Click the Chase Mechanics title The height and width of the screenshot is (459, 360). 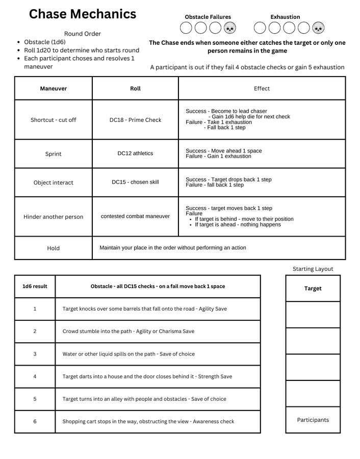click(x=82, y=14)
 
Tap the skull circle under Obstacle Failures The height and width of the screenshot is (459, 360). click(x=230, y=28)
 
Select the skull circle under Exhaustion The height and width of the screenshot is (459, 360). click(x=318, y=28)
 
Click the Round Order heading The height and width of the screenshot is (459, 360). click(x=83, y=34)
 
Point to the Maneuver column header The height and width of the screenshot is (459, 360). click(x=54, y=89)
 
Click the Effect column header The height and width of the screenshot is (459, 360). click(x=262, y=89)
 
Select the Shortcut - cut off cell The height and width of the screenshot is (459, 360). click(x=54, y=120)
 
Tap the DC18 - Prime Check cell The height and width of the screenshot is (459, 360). click(x=135, y=120)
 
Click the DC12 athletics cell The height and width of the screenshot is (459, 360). click(x=135, y=154)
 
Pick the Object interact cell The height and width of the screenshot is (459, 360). click(x=54, y=183)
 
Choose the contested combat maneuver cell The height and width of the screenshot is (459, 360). click(x=135, y=216)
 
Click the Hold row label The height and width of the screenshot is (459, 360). click(x=54, y=248)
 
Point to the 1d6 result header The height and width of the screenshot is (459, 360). click(x=35, y=287)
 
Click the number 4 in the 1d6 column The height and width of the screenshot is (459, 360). click(x=35, y=376)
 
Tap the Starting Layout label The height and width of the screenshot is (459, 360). click(x=313, y=269)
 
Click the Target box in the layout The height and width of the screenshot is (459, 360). click(x=313, y=289)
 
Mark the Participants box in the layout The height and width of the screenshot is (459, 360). click(x=313, y=420)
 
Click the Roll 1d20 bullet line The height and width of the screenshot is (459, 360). click(x=82, y=50)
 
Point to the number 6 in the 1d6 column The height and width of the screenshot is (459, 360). click(x=35, y=422)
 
